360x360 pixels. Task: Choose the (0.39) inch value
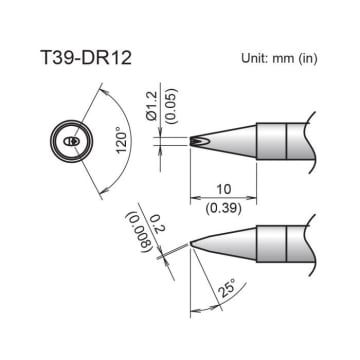(224, 204)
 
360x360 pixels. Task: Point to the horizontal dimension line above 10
(224, 196)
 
